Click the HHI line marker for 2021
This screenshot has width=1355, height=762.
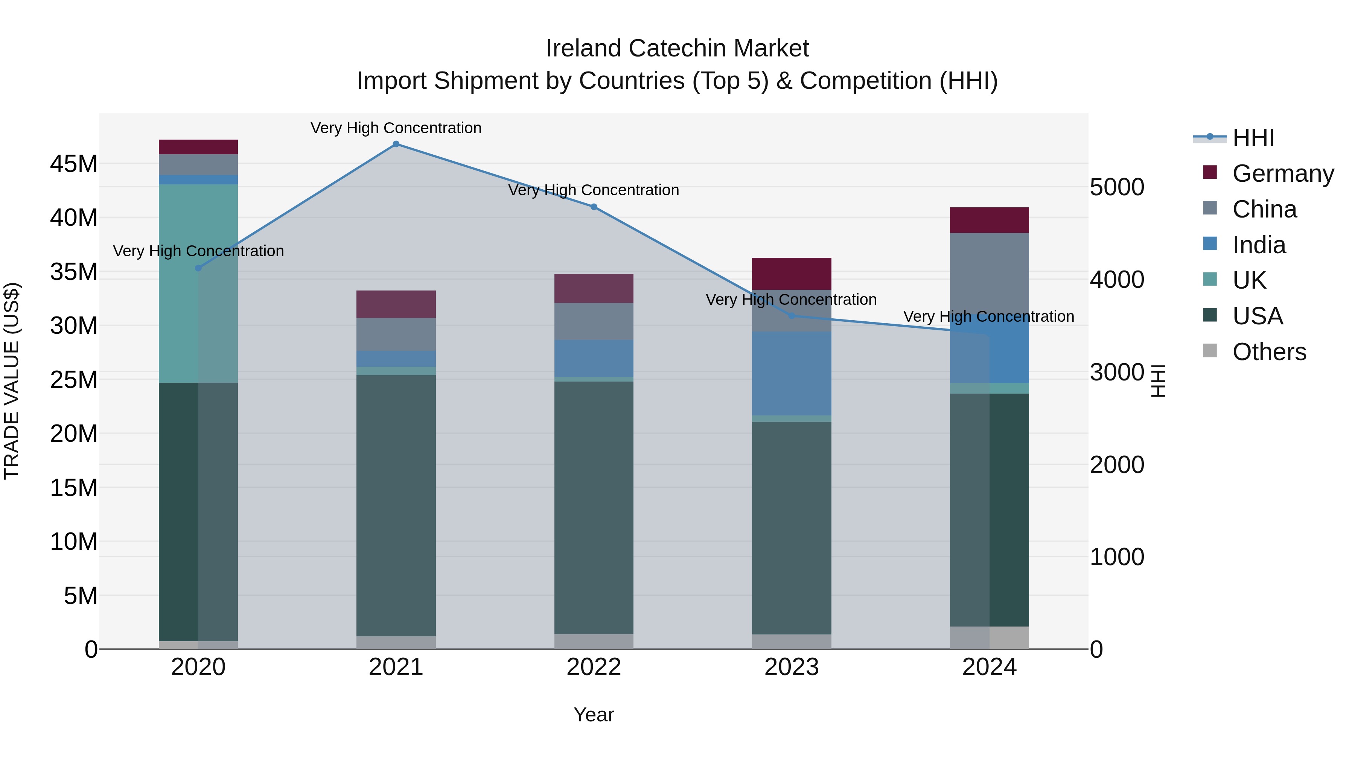[396, 144]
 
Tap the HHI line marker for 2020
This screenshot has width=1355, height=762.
[198, 268]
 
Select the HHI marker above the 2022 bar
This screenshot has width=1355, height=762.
[594, 207]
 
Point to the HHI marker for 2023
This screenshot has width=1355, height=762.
[792, 316]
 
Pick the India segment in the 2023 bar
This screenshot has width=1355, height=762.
[792, 373]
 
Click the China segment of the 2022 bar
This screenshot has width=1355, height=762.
[594, 321]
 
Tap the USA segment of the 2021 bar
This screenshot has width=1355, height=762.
[396, 505]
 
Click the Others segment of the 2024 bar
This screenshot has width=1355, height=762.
[989, 637]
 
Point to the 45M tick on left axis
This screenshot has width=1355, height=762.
[74, 164]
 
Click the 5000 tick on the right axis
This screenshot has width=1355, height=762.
[1117, 187]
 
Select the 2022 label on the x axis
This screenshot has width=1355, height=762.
[594, 667]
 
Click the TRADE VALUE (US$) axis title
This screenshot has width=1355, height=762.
[12, 381]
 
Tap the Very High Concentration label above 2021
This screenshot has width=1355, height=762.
[396, 128]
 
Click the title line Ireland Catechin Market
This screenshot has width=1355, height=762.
[677, 49]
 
